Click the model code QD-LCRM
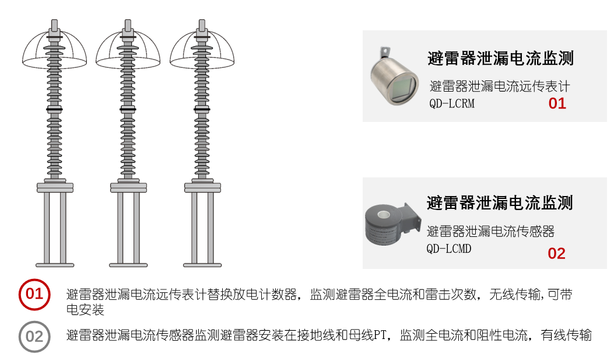click(x=451, y=104)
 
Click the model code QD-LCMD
click(x=449, y=249)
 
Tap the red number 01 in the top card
click(x=557, y=103)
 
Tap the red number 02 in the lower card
click(x=556, y=253)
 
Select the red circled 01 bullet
click(x=34, y=295)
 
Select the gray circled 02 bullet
click(x=34, y=337)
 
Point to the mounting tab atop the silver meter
click(x=384, y=53)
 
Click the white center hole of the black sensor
click(x=383, y=214)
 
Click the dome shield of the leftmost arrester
click(x=54, y=50)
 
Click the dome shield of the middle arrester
click(x=128, y=50)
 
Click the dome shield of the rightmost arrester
click(x=202, y=50)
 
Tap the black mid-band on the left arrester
click(x=54, y=109)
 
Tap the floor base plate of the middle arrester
click(x=128, y=265)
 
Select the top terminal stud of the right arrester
click(x=202, y=26)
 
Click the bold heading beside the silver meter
click(x=500, y=58)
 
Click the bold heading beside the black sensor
click(x=500, y=203)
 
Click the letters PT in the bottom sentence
click(x=380, y=335)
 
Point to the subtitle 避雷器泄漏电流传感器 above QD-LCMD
click(x=490, y=232)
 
